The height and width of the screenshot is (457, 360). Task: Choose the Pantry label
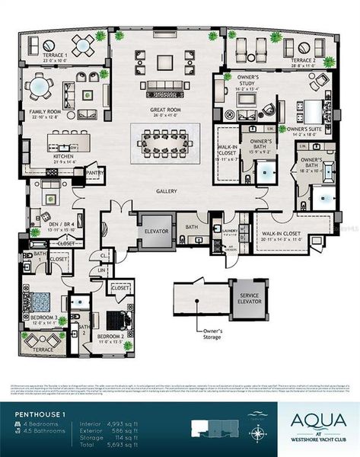click(x=95, y=174)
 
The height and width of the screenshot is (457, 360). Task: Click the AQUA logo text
click(x=314, y=418)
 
